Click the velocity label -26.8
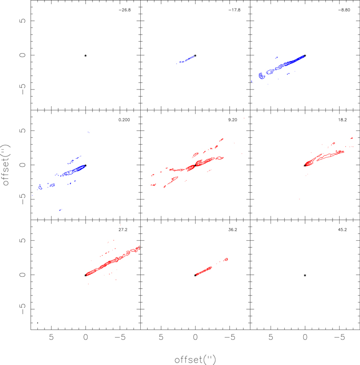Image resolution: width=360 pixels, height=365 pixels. pos(124,9)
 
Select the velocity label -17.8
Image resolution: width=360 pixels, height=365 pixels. pos(234,9)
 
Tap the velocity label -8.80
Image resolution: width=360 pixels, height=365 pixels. pos(343,9)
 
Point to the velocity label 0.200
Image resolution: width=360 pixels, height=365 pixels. pos(124,119)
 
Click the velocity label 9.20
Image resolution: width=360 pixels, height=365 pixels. pos(232,119)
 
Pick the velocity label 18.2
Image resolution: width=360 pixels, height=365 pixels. pos(342,119)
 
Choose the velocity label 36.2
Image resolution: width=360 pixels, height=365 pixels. pos(233,229)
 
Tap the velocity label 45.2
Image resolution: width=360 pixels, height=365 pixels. pos(342,229)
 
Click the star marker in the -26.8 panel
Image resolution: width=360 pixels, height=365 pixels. pos(85,55)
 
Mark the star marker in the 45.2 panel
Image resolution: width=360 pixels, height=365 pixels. pos(305,275)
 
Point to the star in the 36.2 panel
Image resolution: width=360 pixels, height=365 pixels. pos(195,275)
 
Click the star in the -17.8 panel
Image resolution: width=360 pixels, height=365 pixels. pos(195,55)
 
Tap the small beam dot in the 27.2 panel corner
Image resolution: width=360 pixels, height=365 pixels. pos(37,323)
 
